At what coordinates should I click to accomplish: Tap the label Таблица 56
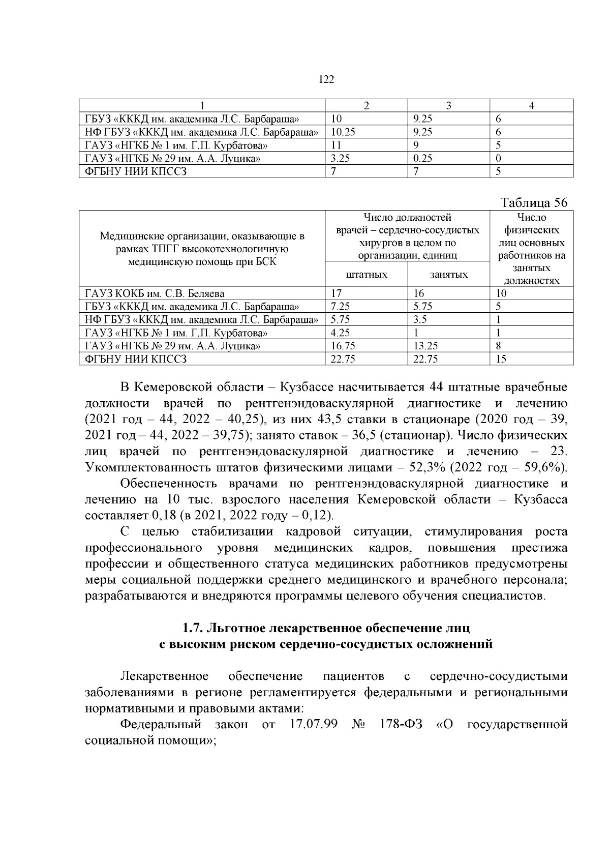point(534,202)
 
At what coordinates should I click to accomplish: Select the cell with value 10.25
point(343,132)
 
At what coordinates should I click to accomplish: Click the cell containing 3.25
point(340,159)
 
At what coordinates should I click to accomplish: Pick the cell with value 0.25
point(423,159)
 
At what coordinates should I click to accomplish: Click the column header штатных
point(366,275)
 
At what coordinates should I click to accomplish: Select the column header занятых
point(448,275)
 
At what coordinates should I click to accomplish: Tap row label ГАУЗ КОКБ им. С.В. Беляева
point(155,293)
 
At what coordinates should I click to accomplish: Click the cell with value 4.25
point(340,333)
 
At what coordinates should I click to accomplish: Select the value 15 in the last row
point(501,359)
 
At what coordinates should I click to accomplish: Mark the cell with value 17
point(336,293)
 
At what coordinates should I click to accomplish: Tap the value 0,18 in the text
point(163,515)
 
